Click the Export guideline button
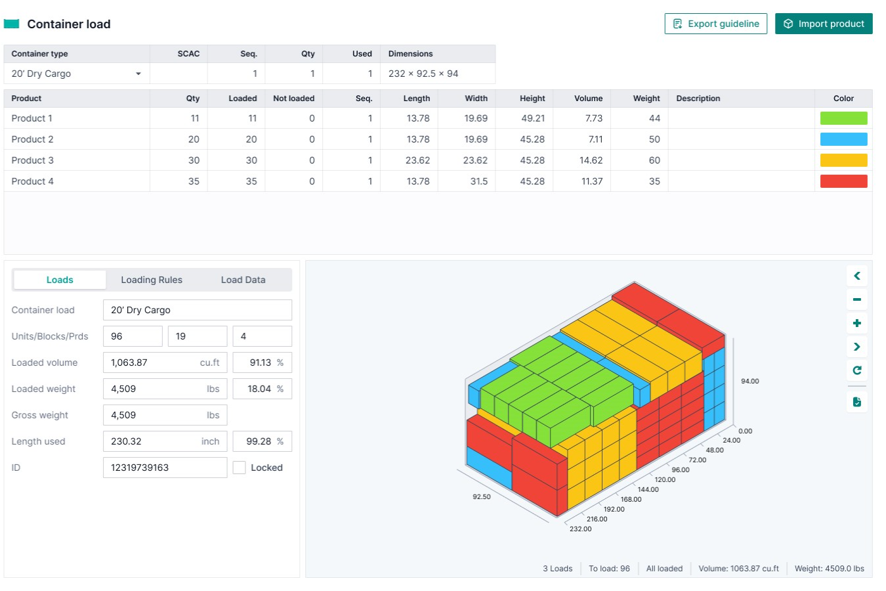[x=715, y=24]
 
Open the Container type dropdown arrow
[x=138, y=74]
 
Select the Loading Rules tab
[x=152, y=280]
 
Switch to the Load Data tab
[x=243, y=280]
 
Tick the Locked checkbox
[x=240, y=468]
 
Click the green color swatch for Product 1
[x=843, y=118]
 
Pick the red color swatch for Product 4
[x=843, y=181]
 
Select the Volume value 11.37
[x=591, y=181]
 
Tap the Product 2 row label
[x=33, y=139]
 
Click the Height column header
[x=532, y=98]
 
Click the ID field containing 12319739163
[x=165, y=468]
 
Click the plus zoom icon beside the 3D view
[x=856, y=323]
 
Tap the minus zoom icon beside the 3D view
[x=856, y=299]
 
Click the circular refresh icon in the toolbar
[x=856, y=370]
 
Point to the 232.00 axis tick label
[x=580, y=529]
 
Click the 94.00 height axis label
[x=749, y=381]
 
